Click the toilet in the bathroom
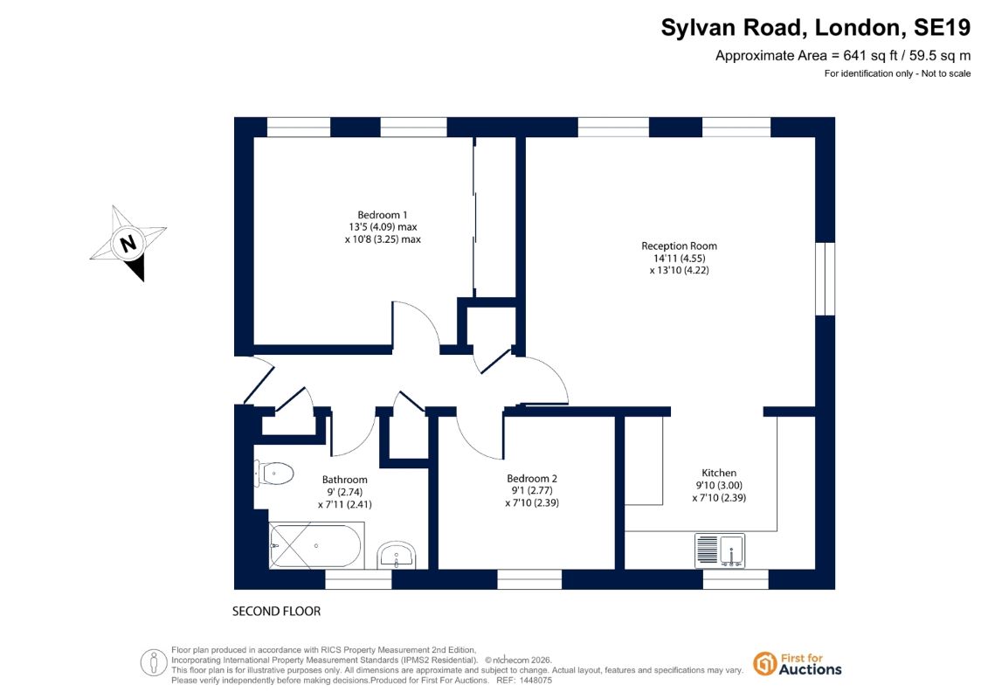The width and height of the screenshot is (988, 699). [274, 474]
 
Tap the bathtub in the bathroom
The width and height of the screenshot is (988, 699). [316, 545]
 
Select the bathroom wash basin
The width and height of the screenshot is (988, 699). [397, 556]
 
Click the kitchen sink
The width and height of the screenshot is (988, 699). [720, 550]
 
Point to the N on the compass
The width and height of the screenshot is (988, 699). [128, 243]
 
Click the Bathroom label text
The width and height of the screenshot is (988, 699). [345, 480]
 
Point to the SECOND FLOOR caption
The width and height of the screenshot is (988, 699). [277, 612]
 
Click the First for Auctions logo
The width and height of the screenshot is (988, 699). [797, 664]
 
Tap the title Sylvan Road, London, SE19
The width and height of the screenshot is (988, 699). [815, 28]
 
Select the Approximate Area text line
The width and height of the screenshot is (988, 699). [843, 55]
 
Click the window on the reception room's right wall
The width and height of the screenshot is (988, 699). [825, 279]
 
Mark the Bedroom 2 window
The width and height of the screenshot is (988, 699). [529, 579]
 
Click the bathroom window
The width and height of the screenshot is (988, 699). [358, 579]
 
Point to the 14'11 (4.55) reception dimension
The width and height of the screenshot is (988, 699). [680, 259]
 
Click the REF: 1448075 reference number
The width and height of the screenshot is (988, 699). [524, 681]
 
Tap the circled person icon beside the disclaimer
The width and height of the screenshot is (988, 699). [154, 663]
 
